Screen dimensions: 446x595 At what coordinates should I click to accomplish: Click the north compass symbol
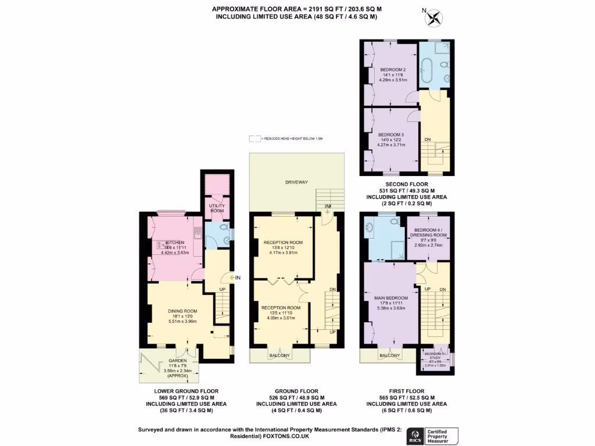click(433, 19)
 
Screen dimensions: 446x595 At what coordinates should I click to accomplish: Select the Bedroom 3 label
click(391, 135)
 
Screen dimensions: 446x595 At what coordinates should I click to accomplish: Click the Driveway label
click(296, 182)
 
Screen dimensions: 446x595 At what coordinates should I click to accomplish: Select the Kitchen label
click(175, 242)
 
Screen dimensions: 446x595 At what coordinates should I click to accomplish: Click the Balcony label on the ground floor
click(280, 355)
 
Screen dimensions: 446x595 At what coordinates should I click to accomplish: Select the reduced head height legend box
click(255, 139)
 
